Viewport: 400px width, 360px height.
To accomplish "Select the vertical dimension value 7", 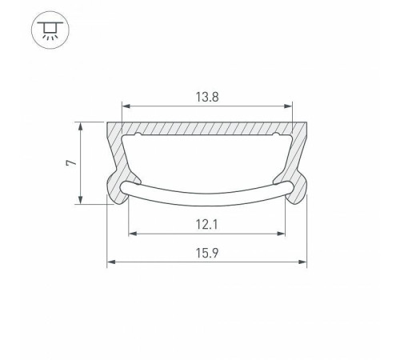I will click(71, 163).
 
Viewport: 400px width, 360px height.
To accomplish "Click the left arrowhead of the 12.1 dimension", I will click(133, 234).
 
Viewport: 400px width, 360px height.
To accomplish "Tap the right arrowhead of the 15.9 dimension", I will click(304, 262).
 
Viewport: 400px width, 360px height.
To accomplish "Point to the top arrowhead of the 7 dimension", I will click(81, 125).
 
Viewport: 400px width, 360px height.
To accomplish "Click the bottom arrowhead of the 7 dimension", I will click(81, 202).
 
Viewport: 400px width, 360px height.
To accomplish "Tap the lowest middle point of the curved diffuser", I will click(207, 202).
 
